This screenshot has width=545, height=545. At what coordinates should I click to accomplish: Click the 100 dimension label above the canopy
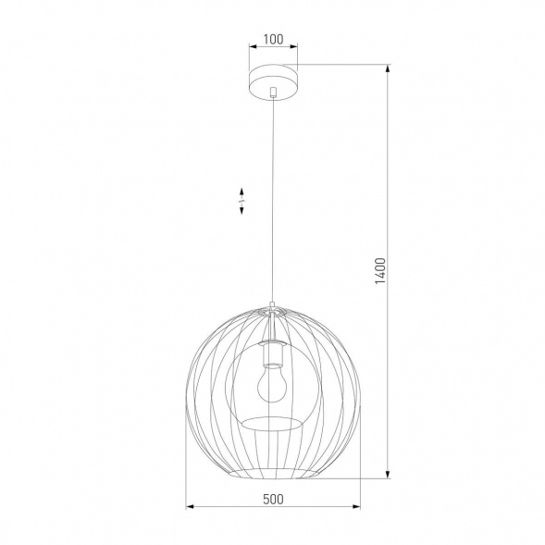point(272,40)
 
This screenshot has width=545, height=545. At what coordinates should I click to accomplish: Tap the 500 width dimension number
point(272,499)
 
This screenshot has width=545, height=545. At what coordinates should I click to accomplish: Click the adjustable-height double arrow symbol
point(242,200)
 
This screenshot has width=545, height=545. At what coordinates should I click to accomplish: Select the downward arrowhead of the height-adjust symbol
point(242,212)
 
